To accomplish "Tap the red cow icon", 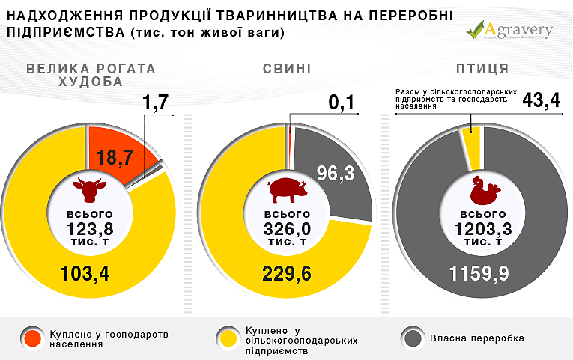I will tap(89, 190).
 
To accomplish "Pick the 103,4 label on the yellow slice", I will tap(85, 273).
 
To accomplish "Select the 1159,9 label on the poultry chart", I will tap(479, 273).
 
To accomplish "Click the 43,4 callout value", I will tap(540, 100).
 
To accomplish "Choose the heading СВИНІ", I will tap(286, 70).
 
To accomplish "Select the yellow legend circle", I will tap(226, 338).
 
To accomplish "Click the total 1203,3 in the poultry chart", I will tap(482, 229).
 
